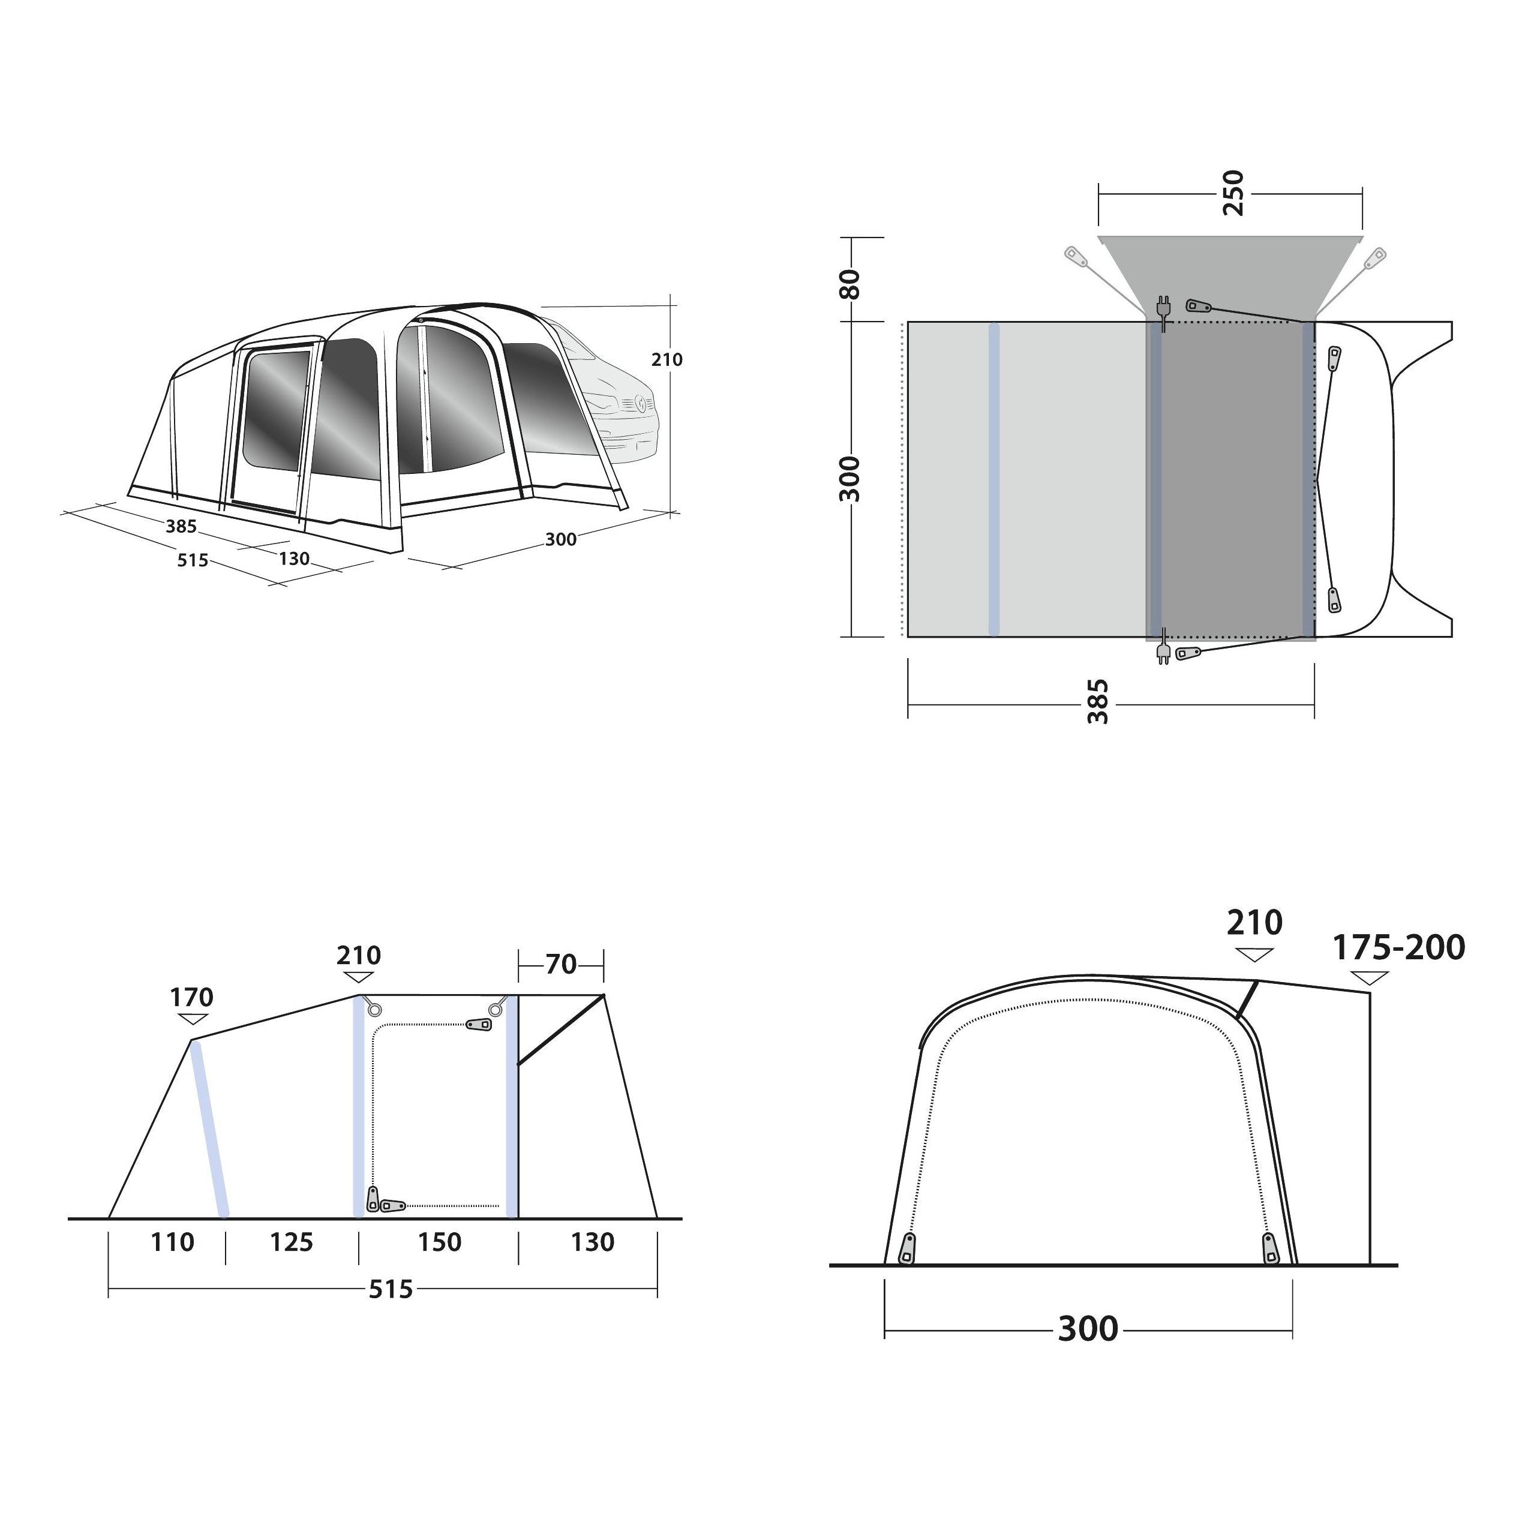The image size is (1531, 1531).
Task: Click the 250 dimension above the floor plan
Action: pos(1233,193)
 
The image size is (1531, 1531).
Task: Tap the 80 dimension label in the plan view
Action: pos(849,284)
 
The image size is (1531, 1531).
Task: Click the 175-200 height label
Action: pos(1398,948)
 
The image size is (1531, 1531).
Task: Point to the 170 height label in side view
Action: pos(192,997)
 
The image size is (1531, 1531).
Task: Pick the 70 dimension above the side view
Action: pos(561,965)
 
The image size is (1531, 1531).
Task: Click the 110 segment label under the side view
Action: pos(172,1242)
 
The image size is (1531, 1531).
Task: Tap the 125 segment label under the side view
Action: pos(292,1242)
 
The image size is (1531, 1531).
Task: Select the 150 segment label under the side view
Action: pos(439,1242)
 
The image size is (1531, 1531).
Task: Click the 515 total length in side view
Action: pos(391,1289)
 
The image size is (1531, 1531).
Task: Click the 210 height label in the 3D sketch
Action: pos(667,360)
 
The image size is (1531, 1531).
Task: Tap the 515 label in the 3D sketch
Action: pos(193,560)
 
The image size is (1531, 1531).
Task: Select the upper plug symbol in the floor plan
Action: pos(1163,310)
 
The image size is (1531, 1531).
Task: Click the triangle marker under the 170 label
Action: pos(192,1019)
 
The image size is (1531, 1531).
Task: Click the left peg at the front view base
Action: pos(906,1250)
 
